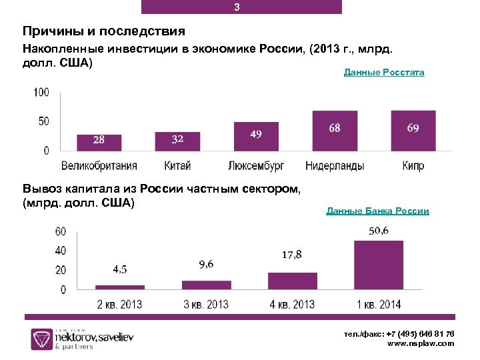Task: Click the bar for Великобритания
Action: point(99,142)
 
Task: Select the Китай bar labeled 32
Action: point(177,141)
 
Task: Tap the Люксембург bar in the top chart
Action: point(255,136)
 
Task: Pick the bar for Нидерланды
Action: point(335,131)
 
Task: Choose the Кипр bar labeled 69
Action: point(413,131)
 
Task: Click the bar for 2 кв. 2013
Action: point(120,287)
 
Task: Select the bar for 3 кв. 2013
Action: point(206,285)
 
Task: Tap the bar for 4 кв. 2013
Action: point(293,281)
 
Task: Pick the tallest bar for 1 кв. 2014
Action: point(379,265)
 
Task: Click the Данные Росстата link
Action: point(384,72)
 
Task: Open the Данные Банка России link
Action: point(377,211)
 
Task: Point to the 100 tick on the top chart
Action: point(41,92)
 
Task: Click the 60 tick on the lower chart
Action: point(60,232)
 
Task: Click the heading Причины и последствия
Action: point(103,31)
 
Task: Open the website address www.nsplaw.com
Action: point(421,343)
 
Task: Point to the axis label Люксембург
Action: point(255,165)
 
